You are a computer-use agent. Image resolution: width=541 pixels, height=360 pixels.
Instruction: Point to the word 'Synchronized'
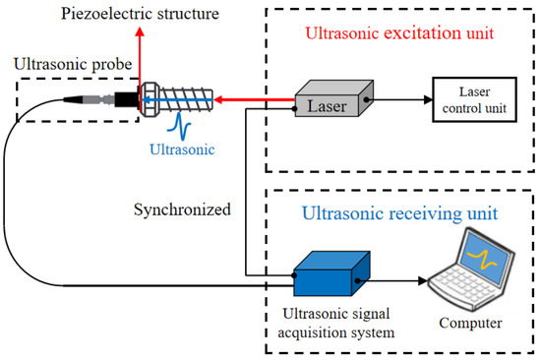(183, 210)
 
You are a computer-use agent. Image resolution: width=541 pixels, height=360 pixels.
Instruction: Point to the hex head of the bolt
(150, 99)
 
